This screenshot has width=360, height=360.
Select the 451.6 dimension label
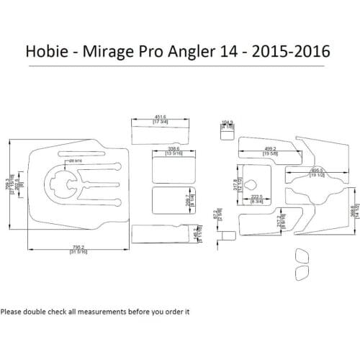[161, 117]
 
